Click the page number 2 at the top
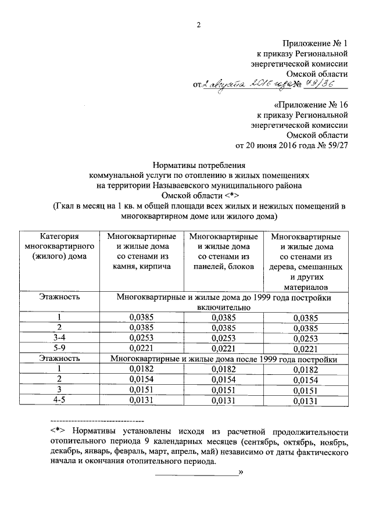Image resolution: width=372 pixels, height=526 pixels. (x=198, y=24)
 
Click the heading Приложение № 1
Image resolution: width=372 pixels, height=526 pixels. (x=316, y=44)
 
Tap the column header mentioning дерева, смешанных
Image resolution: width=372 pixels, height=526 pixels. (x=306, y=262)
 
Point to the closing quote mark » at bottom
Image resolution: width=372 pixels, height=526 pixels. (x=240, y=473)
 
